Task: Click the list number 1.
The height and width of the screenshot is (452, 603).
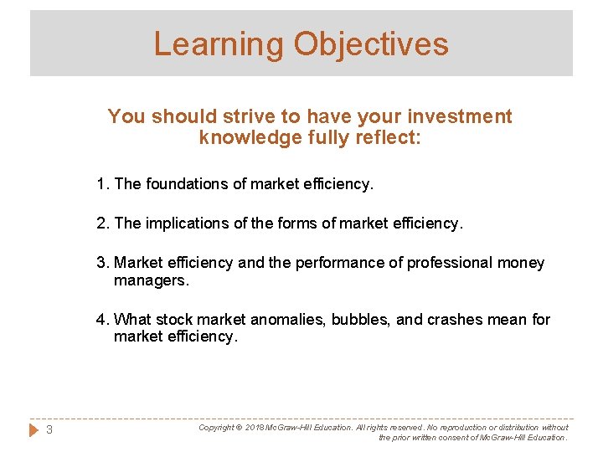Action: (100, 184)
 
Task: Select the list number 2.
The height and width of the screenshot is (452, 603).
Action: (101, 223)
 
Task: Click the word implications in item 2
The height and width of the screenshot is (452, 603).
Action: (186, 223)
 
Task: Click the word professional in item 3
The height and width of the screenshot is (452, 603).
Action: (448, 263)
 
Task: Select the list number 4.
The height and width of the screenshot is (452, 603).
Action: (101, 319)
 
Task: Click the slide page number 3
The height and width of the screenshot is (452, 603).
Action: (49, 430)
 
